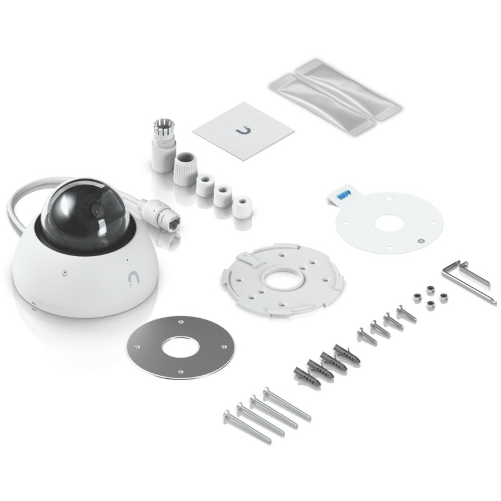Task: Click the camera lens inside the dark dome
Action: coord(94,211)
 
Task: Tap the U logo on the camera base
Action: coord(133,277)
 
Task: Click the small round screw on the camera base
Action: coord(65,272)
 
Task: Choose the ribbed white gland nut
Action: coord(185,166)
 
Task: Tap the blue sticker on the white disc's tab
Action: coord(343,195)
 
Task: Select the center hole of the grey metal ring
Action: coord(180,346)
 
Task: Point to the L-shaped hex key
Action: coord(467,279)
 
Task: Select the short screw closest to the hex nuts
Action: coord(405,312)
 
